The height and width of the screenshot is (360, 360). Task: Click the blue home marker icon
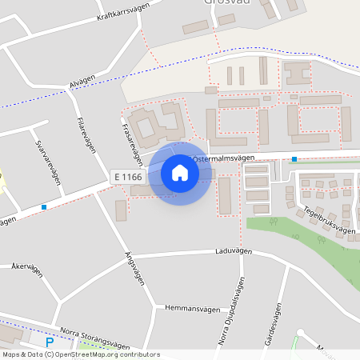pyautogui.click(x=179, y=173)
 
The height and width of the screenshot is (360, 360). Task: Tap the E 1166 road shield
pyautogui.click(x=127, y=176)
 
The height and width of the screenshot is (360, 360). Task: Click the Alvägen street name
pyautogui.click(x=82, y=83)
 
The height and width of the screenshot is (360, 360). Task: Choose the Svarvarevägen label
pyautogui.click(x=49, y=163)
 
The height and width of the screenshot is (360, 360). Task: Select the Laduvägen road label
pyautogui.click(x=234, y=251)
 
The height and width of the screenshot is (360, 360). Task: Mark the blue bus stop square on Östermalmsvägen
pyautogui.click(x=294, y=159)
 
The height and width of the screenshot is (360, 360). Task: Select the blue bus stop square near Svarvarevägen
pyautogui.click(x=43, y=206)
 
